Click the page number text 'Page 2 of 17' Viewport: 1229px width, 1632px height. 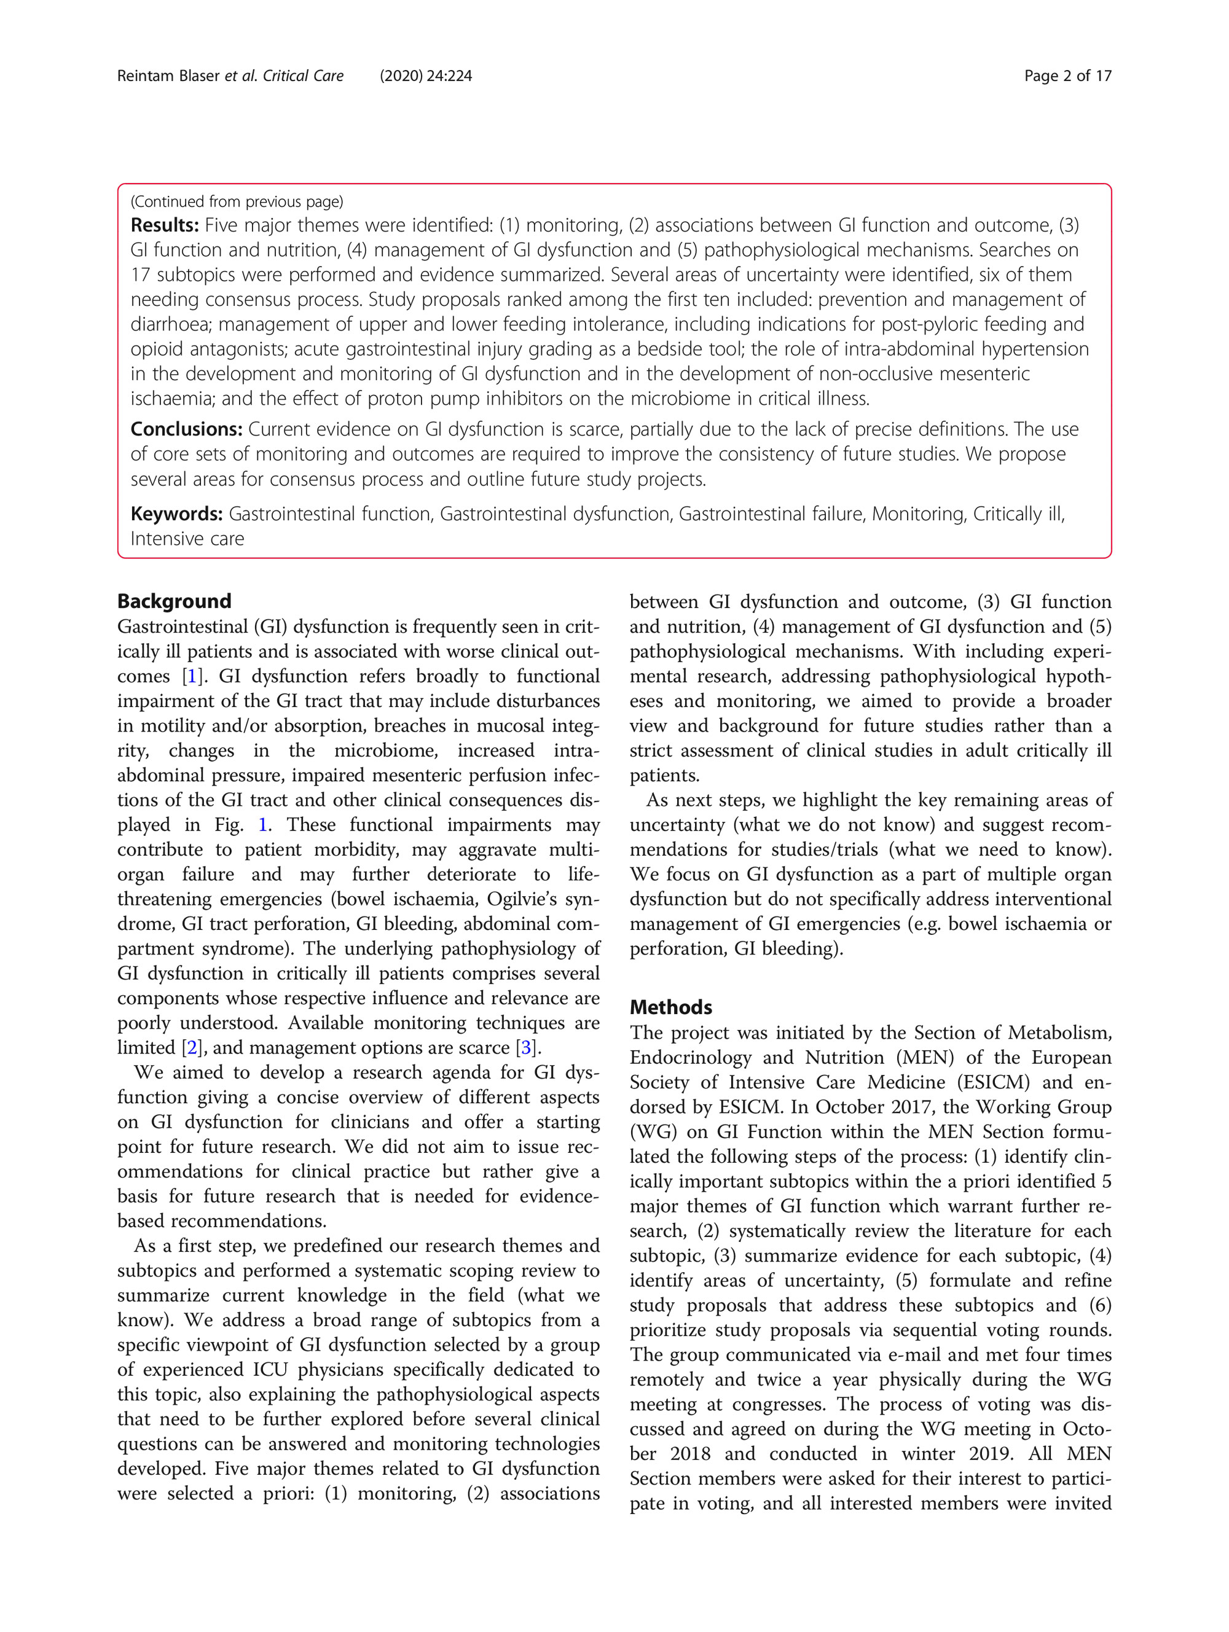point(1067,76)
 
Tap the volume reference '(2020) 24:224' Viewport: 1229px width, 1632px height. point(426,76)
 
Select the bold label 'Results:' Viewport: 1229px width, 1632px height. point(165,225)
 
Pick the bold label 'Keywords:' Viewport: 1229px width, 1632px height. point(176,513)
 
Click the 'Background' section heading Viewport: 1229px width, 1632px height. point(174,601)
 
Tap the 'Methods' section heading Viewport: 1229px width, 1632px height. point(670,1007)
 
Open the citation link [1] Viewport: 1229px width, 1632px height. point(192,676)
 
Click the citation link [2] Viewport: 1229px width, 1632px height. point(192,1048)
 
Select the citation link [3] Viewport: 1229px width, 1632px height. point(525,1048)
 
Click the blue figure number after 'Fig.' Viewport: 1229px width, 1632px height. point(262,825)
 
